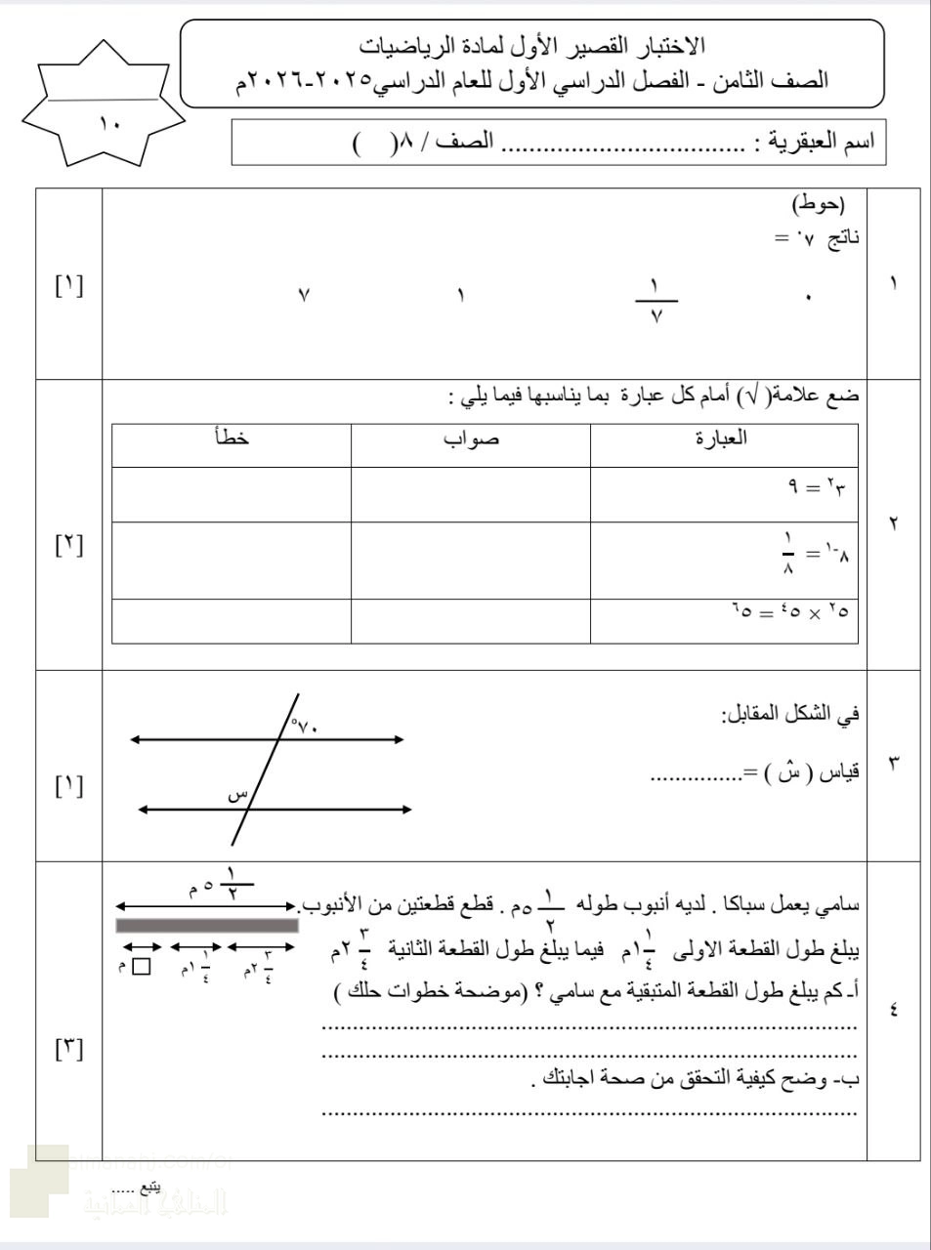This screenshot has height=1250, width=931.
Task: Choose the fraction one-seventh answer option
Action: tap(656, 300)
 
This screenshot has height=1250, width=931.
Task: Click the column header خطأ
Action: tap(232, 438)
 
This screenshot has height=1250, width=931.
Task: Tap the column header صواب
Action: tap(471, 438)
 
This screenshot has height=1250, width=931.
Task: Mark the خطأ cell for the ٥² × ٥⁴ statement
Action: tap(232, 621)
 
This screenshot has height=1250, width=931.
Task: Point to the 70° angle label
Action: tap(305, 726)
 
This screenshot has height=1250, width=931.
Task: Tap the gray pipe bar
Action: tap(207, 925)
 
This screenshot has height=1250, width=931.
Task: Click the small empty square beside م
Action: tap(142, 967)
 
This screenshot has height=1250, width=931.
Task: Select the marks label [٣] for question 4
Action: tap(69, 1050)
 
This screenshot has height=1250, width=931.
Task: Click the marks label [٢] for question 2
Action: tap(69, 544)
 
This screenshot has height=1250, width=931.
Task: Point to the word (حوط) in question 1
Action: tap(818, 204)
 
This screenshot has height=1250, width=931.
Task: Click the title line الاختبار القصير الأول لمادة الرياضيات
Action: tap(532, 45)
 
